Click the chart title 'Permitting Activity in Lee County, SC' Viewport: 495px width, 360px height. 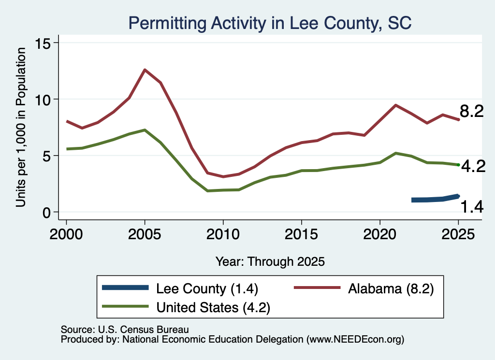tap(270, 24)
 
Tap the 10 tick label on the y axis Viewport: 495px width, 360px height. tap(43, 100)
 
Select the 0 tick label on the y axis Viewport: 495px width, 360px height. tap(46, 213)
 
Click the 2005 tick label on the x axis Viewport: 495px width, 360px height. tap(145, 234)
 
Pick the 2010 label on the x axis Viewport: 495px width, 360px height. tap(223, 234)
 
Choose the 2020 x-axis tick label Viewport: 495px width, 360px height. tap(380, 234)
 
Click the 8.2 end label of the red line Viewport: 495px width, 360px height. tap(472, 111)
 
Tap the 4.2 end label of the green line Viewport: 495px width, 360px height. tap(473, 166)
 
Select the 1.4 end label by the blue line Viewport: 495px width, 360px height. tap(472, 207)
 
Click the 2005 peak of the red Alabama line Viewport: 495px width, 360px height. tap(145, 70)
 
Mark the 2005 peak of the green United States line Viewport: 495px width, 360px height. tap(145, 130)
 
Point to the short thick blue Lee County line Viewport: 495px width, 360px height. tap(435, 199)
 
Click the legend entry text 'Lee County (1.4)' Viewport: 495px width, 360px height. tap(207, 288)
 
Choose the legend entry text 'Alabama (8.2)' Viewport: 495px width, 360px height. tap(391, 288)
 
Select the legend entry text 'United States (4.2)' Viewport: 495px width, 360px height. tap(213, 307)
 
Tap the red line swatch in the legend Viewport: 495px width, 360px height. tap(317, 288)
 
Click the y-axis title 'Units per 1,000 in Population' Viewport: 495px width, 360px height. tap(21, 127)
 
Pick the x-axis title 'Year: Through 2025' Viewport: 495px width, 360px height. tap(270, 261)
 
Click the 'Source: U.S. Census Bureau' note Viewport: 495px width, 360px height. tap(125, 330)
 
